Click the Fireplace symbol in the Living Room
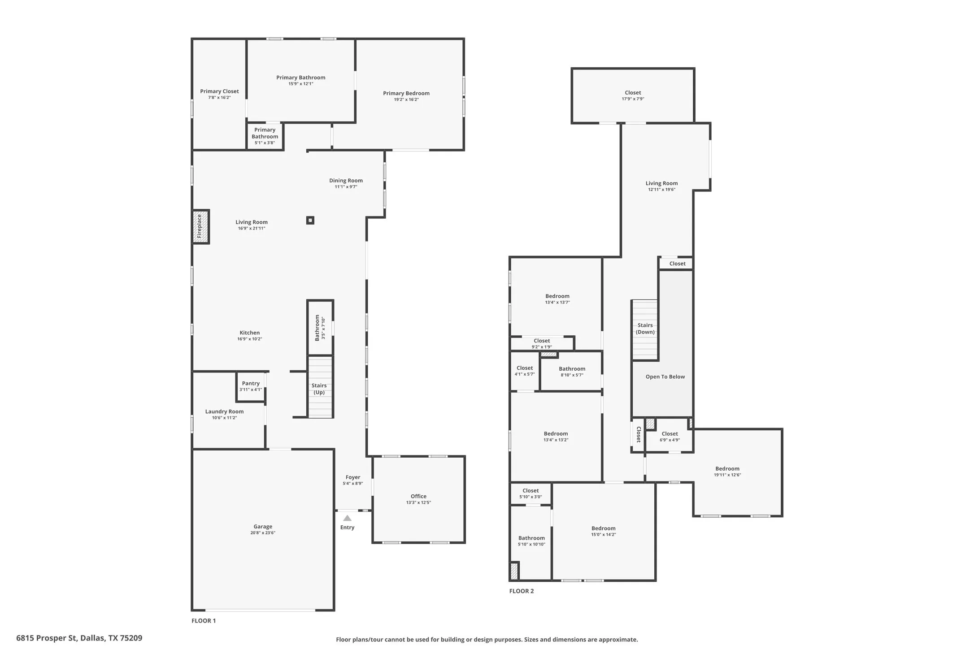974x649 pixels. tap(200, 227)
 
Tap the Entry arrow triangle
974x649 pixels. tap(347, 518)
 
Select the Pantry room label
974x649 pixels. tap(251, 383)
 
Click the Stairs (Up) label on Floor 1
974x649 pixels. tap(319, 389)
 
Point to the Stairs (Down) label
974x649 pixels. tap(645, 329)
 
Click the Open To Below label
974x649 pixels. tap(665, 376)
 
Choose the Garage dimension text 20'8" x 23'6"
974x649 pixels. tap(263, 533)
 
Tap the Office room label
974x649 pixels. tap(418, 496)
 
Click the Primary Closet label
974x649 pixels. tap(219, 91)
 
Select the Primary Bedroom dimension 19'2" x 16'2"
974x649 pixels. tap(406, 100)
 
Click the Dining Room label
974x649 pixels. tap(346, 181)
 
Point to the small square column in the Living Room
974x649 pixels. tap(310, 220)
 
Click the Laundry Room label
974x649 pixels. tap(224, 411)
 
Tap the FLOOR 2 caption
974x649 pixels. tap(522, 591)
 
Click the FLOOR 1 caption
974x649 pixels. tap(204, 621)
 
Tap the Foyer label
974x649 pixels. tap(353, 477)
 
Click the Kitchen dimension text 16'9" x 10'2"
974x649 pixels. tap(250, 339)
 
